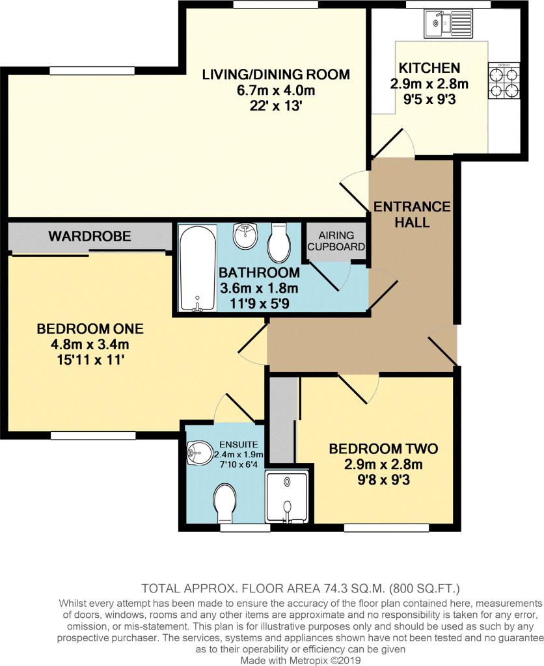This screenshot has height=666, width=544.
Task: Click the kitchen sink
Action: [x=448, y=23]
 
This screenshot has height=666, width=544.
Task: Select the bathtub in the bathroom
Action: [x=198, y=269]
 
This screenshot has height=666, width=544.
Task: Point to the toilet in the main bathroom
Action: [x=279, y=240]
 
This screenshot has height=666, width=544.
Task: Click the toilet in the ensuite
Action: [x=225, y=504]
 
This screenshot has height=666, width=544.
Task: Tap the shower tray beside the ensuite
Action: [x=288, y=496]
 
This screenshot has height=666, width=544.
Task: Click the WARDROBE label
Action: [x=90, y=236]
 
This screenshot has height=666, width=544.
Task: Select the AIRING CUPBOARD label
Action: [x=336, y=241]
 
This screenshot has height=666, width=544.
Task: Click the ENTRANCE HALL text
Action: [x=412, y=214]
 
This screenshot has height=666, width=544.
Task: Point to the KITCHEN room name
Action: [x=429, y=68]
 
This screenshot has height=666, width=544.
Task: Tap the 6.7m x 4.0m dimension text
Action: [x=276, y=90]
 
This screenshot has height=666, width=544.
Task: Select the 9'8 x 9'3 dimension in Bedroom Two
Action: [x=383, y=480]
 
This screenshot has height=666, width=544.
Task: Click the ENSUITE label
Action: [x=238, y=445]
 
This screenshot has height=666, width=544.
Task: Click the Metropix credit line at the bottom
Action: [x=301, y=661]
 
